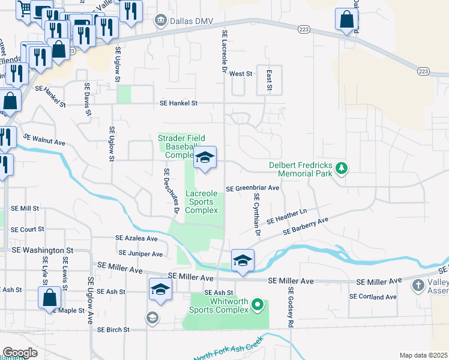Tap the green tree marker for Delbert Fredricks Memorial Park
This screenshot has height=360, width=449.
tap(342, 167)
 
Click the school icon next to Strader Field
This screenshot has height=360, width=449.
tap(205, 158)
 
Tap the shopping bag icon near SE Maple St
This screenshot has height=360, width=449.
tap(49, 297)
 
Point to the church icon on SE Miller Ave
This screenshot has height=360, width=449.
tap(418, 286)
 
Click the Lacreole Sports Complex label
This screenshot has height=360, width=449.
tap(201, 202)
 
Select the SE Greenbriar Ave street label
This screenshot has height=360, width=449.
tap(253, 188)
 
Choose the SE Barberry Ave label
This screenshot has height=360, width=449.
tap(306, 226)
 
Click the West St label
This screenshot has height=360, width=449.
tap(240, 73)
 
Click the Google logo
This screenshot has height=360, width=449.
tap(20, 353)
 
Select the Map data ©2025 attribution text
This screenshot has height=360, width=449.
tap(423, 355)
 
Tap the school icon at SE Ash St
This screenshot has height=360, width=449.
tap(160, 290)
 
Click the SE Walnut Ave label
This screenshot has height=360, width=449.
tap(44, 142)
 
